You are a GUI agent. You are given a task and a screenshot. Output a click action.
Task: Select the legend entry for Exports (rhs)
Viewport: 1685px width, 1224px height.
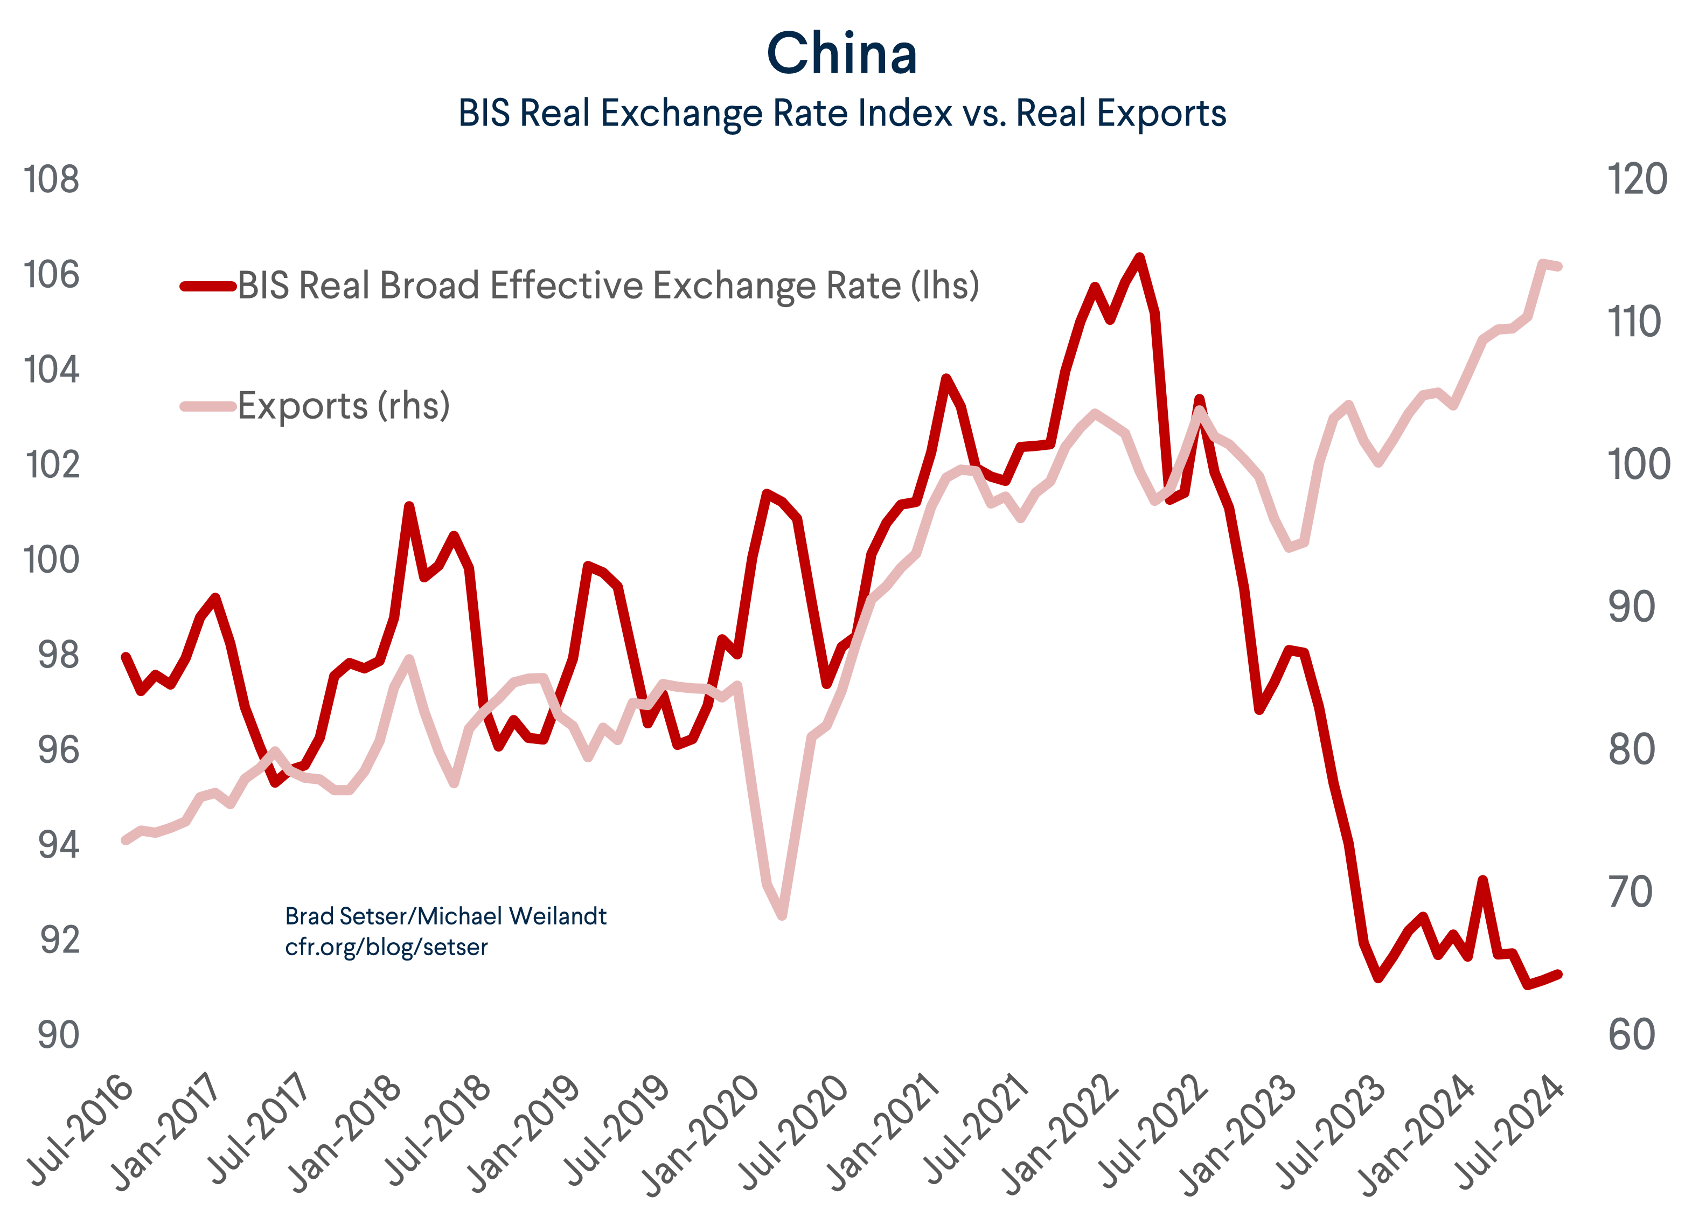click(343, 406)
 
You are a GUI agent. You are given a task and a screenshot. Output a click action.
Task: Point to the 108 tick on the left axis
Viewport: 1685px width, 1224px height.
click(51, 180)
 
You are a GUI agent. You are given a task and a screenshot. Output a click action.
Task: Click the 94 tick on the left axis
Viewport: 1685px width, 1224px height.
click(58, 845)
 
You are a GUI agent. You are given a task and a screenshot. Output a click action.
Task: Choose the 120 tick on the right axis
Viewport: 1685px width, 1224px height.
click(1637, 180)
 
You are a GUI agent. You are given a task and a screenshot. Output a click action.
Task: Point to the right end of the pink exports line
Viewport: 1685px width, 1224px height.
click(1558, 266)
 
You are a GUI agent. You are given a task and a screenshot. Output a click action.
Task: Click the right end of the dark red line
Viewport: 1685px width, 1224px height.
click(1558, 974)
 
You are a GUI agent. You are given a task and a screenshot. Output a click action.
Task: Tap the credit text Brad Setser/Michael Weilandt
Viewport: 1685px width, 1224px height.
click(446, 916)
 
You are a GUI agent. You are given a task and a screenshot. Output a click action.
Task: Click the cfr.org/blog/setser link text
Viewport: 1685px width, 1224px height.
click(386, 948)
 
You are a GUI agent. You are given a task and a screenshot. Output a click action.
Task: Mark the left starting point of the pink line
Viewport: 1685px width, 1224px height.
click(126, 840)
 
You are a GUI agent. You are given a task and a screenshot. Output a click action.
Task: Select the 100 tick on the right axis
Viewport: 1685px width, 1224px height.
click(1637, 465)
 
